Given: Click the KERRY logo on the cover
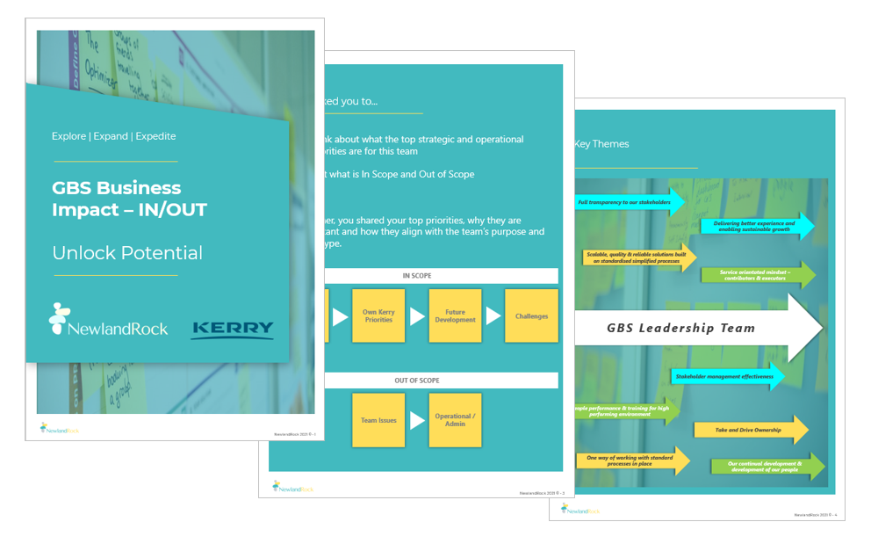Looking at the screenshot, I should coord(233,330).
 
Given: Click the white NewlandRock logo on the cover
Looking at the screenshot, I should coord(108,322).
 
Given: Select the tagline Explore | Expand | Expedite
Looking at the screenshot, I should coord(113,136).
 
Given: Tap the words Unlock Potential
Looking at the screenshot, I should coord(127,253).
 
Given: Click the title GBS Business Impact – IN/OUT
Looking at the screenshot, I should coord(129,199).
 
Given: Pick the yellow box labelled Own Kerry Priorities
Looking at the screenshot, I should coord(378,316).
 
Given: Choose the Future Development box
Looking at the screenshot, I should coord(455,316).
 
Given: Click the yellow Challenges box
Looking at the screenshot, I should coord(531,316).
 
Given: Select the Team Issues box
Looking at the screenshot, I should coord(378,420).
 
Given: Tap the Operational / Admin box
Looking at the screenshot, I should coord(455,420).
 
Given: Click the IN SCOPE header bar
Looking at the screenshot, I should coord(418,276).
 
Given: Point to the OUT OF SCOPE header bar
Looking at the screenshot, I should coord(418,381).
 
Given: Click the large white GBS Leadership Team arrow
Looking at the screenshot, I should coord(694,328).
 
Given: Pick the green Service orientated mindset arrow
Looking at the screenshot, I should coord(757,275).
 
